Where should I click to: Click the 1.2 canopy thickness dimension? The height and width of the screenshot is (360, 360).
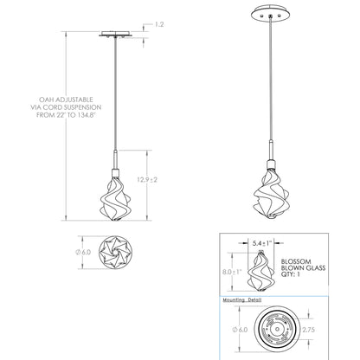click(159, 24)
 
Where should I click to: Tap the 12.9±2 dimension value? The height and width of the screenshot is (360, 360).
click(147, 180)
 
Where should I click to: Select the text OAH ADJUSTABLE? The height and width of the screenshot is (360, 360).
click(66, 100)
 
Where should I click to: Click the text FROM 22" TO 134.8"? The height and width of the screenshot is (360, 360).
click(66, 115)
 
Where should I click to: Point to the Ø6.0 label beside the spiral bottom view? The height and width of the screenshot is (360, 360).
click(83, 252)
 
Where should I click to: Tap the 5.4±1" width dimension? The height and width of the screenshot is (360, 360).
click(262, 243)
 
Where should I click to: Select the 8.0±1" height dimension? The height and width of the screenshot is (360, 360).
click(232, 272)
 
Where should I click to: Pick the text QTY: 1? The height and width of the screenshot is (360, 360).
click(291, 274)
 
